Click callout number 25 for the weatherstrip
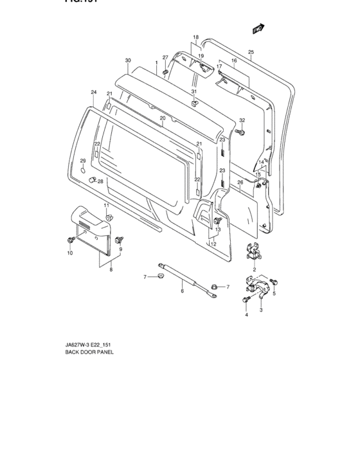pos(251,51)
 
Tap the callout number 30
pos(128,60)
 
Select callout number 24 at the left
pos(93,93)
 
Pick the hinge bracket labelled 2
pos(254,252)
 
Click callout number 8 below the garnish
pos(111,271)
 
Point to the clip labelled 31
pos(194,104)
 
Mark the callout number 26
pos(240,182)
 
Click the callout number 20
pos(163,118)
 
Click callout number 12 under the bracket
pos(213,244)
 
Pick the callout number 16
pos(234,60)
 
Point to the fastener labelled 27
pos(166,72)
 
